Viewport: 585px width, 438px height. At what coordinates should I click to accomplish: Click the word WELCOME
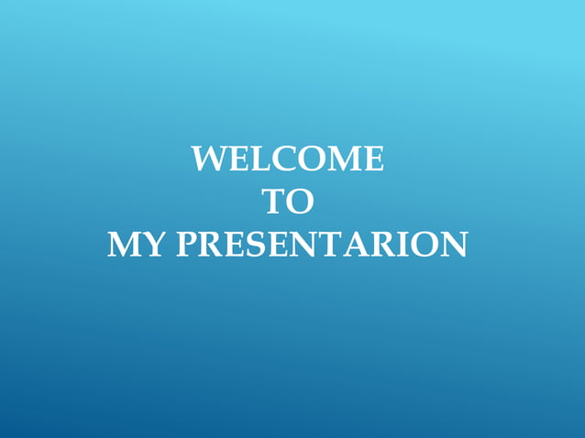coord(288,159)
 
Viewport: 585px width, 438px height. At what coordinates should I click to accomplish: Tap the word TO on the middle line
coord(288,202)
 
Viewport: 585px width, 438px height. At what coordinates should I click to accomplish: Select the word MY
coord(137,245)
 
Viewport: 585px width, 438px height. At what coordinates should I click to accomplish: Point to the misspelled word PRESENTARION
coord(321,245)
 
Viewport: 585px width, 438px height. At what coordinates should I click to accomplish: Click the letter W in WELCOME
coord(207,159)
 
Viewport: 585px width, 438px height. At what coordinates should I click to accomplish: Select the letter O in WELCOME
coord(302,159)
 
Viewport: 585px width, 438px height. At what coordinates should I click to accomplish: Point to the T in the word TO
coord(273,202)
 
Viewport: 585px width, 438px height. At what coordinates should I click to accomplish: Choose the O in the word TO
coord(300,202)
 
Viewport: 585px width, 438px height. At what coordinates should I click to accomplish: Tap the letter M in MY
coord(126,245)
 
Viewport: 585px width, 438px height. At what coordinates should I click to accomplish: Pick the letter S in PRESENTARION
coord(253,245)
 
